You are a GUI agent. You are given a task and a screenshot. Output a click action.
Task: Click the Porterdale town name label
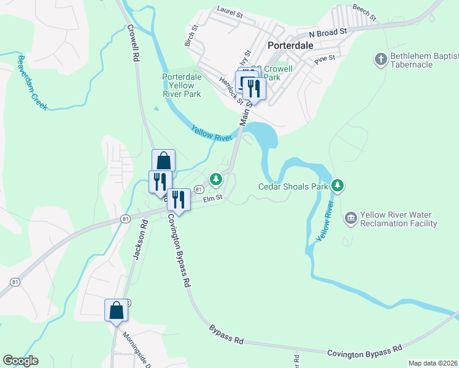[x=291, y=46]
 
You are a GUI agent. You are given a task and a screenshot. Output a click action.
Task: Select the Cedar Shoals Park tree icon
[x=337, y=185]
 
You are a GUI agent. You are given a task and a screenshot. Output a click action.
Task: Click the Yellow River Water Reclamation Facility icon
[x=350, y=217]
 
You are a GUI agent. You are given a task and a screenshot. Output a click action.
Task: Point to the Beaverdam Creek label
[x=32, y=82]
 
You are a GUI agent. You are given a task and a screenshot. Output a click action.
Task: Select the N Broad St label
[x=328, y=31]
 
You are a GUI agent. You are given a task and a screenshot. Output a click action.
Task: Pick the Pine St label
[x=324, y=59]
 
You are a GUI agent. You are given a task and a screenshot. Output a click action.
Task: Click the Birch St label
[x=191, y=36]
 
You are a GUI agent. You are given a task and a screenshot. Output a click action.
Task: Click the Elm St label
[x=212, y=198]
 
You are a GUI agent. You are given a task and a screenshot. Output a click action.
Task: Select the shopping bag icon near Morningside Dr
[x=116, y=311]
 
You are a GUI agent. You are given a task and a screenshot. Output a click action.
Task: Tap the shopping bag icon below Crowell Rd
[x=163, y=161]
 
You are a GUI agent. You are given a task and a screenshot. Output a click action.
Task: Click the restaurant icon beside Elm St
[x=179, y=199]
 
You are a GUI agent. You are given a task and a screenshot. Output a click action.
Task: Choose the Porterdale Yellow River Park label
[x=182, y=86]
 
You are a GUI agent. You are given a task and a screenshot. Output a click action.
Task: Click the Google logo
[x=20, y=361]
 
